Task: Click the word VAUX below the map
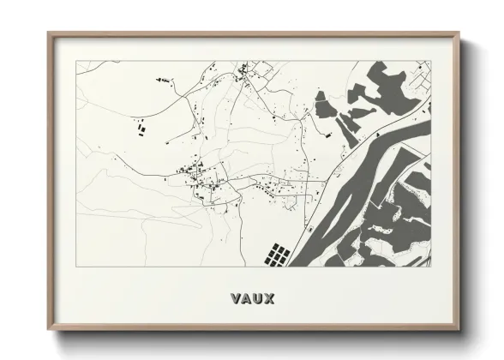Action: pos(252,298)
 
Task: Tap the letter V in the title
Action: pos(236,298)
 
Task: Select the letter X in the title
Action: pos(269,298)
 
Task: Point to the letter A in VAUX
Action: pos(246,298)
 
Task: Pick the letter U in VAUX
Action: pos(258,298)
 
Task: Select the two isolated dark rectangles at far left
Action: pos(139,130)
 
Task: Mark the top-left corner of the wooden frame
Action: pos(49,33)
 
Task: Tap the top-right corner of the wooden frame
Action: pos(460,33)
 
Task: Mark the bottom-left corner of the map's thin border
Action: pos(76,266)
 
